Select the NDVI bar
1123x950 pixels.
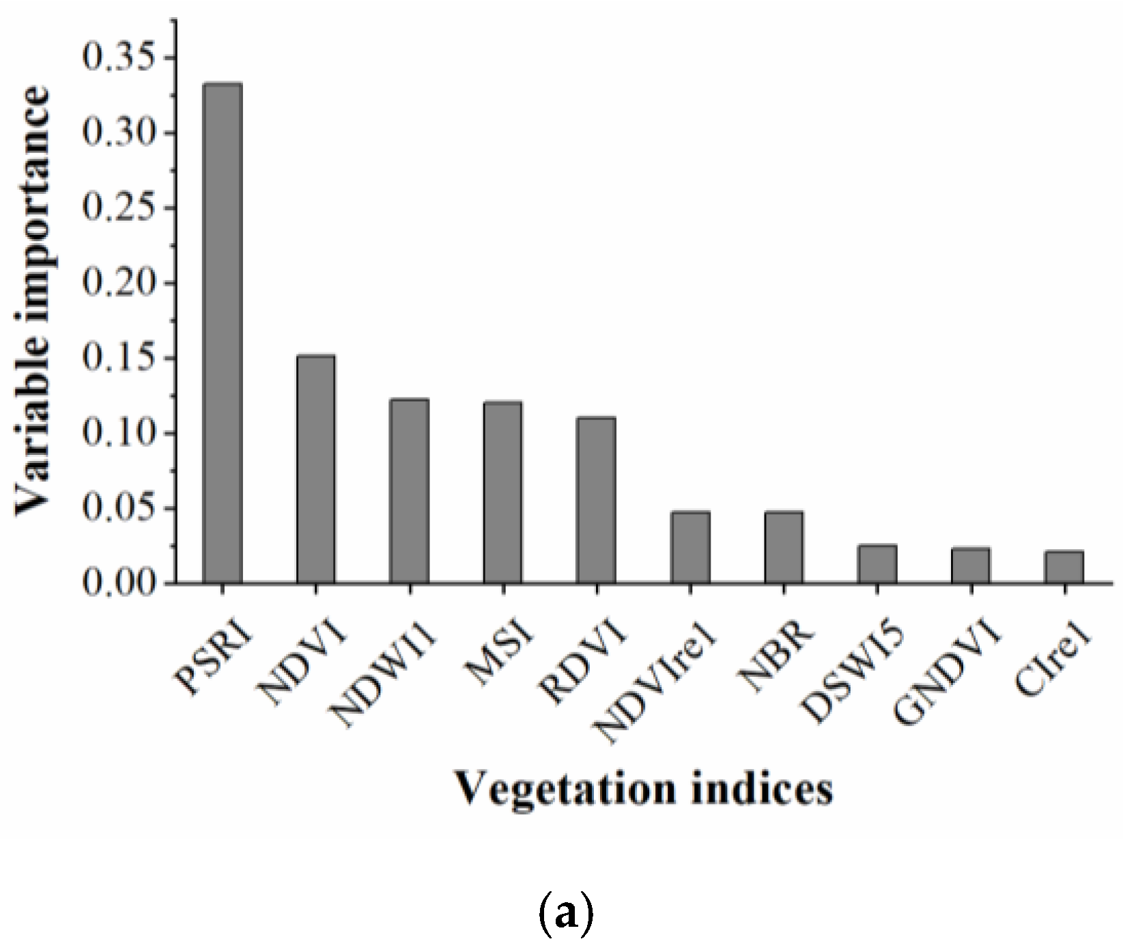pos(316,469)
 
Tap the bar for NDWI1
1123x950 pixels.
pos(410,491)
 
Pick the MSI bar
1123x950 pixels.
pos(503,492)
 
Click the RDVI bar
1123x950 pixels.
pos(596,500)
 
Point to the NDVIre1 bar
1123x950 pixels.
pos(690,547)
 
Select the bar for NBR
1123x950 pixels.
pos(784,547)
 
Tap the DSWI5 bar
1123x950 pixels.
pos(877,564)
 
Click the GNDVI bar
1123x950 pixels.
pos(970,565)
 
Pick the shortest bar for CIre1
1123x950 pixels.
pos(1064,567)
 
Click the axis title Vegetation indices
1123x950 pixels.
pos(644,789)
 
